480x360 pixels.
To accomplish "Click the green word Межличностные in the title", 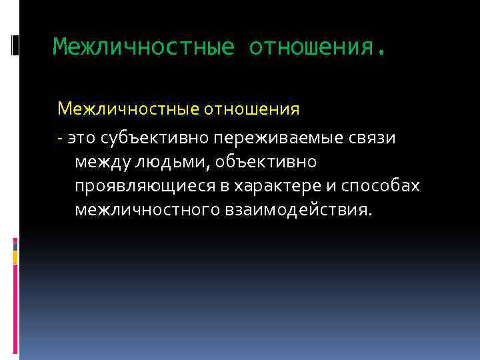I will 143,47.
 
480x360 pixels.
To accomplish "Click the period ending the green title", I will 381,52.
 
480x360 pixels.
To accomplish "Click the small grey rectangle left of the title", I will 15,45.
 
